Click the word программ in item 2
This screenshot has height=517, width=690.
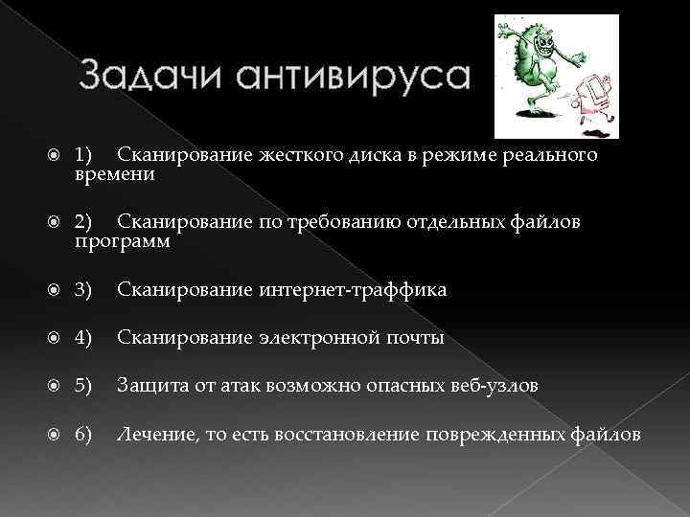pyautogui.click(x=123, y=243)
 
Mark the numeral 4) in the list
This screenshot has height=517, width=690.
pyautogui.click(x=83, y=337)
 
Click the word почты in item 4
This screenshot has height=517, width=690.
pyautogui.click(x=412, y=337)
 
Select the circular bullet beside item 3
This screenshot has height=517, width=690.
pyautogui.click(x=55, y=289)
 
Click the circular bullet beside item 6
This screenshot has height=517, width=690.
pyautogui.click(x=55, y=434)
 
